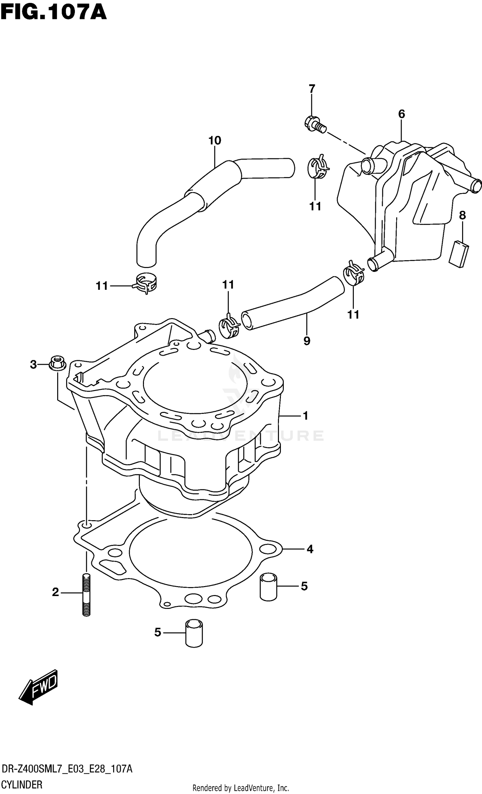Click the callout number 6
tap(401, 114)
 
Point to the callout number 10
tap(215, 140)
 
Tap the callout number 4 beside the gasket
tap(310, 549)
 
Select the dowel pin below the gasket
tap(194, 633)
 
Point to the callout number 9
tap(307, 341)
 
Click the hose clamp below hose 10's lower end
tap(145, 283)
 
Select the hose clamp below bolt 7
tap(318, 167)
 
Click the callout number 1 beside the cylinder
tap(306, 416)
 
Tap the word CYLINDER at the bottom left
tap(22, 784)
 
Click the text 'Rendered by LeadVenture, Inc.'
tap(240, 788)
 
